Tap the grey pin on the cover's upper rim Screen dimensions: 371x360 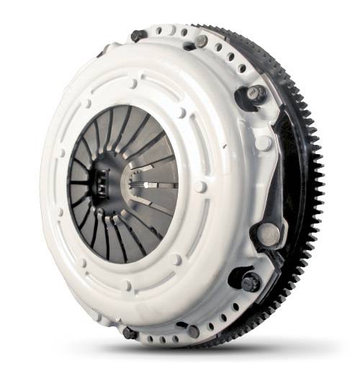tap(202, 41)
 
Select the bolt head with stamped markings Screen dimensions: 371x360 tap(257, 93)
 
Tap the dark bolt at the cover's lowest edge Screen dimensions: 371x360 tap(130, 333)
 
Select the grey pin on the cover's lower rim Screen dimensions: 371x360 tap(193, 331)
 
